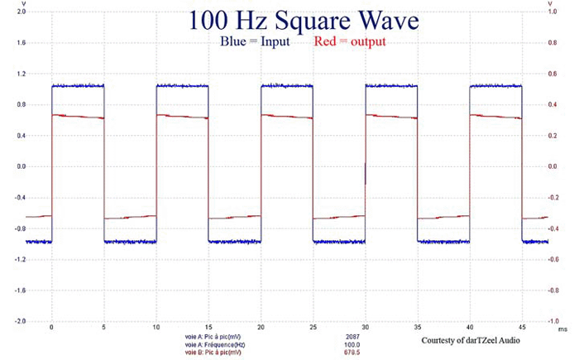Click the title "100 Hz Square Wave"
point(302,20)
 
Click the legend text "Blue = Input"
point(254,41)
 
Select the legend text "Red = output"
point(350,41)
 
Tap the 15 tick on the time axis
point(156,328)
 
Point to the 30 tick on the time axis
point(365,328)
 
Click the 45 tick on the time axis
point(521,328)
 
